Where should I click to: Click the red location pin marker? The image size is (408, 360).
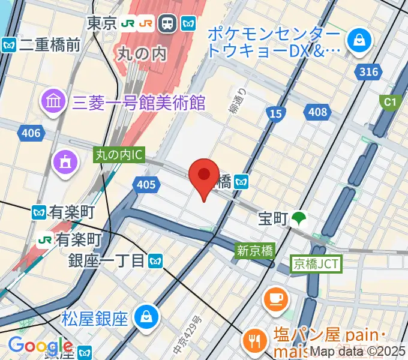(x=204, y=176)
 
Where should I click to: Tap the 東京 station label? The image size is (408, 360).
(x=101, y=23)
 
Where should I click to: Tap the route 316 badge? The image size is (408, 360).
(x=369, y=72)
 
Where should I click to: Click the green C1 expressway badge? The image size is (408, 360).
(x=391, y=103)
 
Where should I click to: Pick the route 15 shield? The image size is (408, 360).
(x=276, y=112)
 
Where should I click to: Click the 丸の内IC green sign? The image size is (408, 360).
(x=119, y=155)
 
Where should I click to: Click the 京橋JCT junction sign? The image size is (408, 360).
(x=317, y=263)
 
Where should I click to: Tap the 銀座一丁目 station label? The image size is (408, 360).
(x=107, y=260)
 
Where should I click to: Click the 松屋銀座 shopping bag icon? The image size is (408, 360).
(x=146, y=317)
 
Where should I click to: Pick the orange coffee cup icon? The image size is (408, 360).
(x=276, y=299)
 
